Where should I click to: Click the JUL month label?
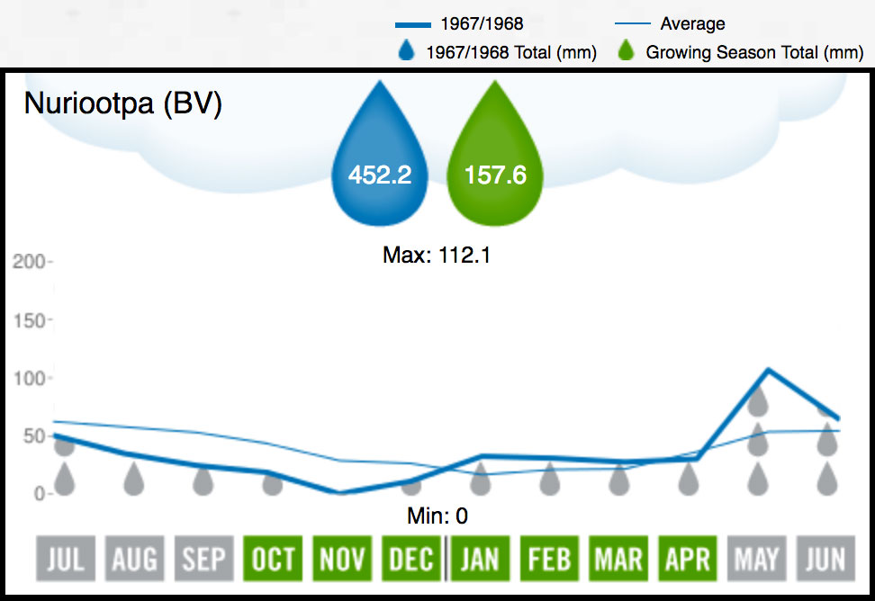click(65, 560)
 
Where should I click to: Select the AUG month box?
click(134, 560)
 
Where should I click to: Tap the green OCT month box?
click(272, 560)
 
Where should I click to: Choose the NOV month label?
click(341, 560)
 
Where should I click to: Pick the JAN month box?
click(480, 560)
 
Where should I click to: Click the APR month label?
click(688, 560)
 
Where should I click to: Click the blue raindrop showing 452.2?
click(379, 163)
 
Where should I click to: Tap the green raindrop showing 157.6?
click(495, 163)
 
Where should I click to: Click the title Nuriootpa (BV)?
click(122, 104)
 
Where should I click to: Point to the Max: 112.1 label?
click(437, 256)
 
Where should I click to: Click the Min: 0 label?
click(437, 516)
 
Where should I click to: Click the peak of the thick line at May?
click(767, 369)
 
